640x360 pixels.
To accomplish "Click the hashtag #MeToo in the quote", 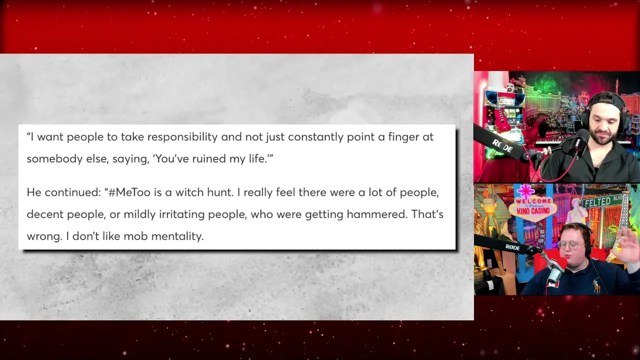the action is (129, 192).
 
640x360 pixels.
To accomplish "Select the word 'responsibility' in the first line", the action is (182, 137).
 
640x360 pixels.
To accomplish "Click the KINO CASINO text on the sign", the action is (533, 211).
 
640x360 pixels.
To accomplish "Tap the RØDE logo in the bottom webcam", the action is (512, 247).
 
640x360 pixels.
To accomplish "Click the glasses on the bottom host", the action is (571, 245).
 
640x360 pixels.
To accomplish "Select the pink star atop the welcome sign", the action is (525, 191).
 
